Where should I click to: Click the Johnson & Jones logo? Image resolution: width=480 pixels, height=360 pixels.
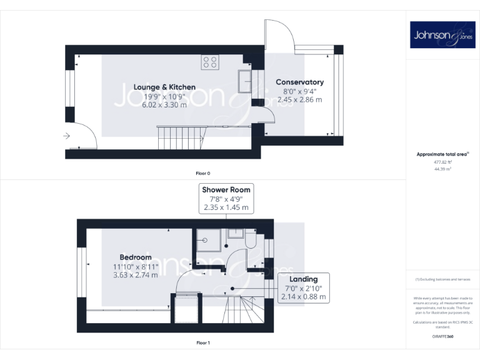click(x=442, y=36)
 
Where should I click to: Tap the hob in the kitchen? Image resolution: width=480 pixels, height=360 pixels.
click(x=210, y=62)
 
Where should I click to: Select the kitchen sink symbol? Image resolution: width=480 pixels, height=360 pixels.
click(x=244, y=80)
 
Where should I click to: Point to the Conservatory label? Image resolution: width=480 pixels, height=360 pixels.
click(x=299, y=82)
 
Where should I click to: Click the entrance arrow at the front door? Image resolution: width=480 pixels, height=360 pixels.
click(x=67, y=135)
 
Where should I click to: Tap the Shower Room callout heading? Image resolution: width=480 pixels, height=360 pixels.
click(x=226, y=189)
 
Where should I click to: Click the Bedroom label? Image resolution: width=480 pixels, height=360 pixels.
click(x=136, y=257)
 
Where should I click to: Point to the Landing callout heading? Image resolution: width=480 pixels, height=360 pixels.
click(x=303, y=279)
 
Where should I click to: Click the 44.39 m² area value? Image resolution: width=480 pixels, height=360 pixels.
click(x=442, y=168)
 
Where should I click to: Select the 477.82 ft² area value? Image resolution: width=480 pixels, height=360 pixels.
click(x=442, y=161)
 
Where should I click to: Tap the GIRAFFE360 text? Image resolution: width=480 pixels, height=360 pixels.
click(x=442, y=336)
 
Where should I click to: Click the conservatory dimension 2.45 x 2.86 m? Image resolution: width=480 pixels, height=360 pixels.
click(x=299, y=99)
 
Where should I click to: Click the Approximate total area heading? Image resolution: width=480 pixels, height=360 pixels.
click(x=441, y=154)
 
